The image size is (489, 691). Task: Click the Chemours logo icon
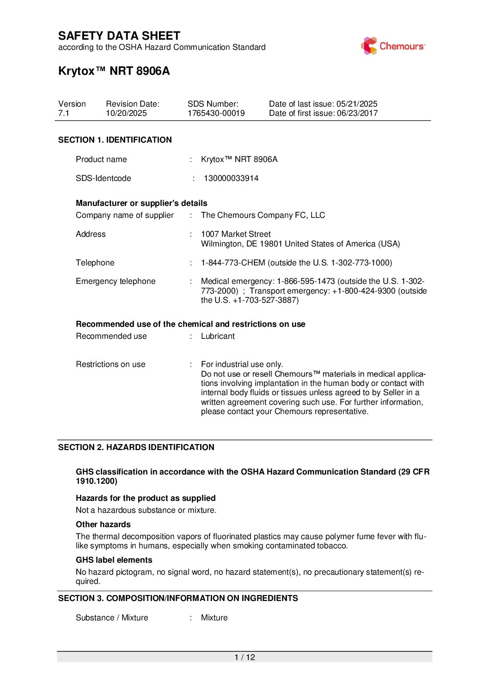pos(369,46)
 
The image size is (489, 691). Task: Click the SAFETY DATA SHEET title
pos(119,36)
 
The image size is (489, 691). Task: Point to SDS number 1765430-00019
pos(216,113)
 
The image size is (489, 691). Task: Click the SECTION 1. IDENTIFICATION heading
pos(115,140)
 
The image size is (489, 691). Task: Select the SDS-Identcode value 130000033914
pos(231,178)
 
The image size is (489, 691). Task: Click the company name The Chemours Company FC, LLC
pos(263,215)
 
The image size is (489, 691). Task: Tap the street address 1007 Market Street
pos(236,234)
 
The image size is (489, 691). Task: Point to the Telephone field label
pos(95,263)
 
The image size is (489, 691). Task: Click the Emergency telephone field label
pos(116,281)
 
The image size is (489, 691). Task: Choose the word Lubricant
pos(218,336)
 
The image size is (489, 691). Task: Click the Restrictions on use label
pos(110,364)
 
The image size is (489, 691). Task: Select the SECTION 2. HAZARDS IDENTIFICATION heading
pos(136,447)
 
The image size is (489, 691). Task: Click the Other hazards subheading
pos(103,524)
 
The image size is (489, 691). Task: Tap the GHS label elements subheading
pos(114,560)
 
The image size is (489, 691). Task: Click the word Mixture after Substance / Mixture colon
pos(214,618)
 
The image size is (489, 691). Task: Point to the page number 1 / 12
pos(245,657)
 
